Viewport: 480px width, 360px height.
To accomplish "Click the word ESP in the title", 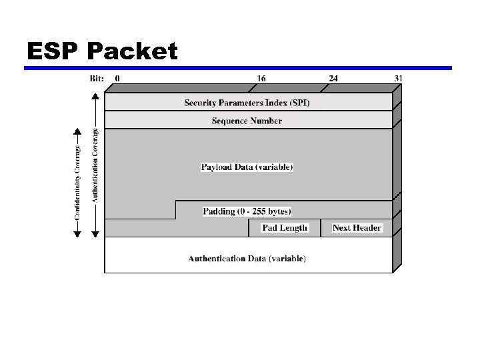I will tap(54, 51).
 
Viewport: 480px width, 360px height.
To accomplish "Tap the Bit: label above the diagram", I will tap(97, 78).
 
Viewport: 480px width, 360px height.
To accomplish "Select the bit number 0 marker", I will tap(118, 78).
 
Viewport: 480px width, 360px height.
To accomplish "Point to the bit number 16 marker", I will tap(261, 78).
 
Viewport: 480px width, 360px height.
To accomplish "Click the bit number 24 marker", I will tap(333, 78).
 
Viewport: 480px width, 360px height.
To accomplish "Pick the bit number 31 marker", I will tap(398, 78).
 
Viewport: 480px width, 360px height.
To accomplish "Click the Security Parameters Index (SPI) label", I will tap(251, 102).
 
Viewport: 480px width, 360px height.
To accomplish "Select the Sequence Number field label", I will tap(247, 121).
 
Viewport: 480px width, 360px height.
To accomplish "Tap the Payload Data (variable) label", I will tap(247, 167).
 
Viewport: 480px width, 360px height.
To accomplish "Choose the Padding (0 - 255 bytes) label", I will tap(247, 211).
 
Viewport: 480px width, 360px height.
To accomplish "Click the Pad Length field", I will tap(285, 228).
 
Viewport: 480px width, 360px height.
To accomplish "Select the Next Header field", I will tap(357, 228).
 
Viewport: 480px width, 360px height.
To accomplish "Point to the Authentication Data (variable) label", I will tap(247, 258).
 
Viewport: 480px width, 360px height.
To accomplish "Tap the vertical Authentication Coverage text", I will tap(95, 165).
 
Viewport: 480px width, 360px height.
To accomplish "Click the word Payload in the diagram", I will tap(216, 167).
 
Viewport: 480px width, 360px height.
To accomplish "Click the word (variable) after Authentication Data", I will tap(287, 258).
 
